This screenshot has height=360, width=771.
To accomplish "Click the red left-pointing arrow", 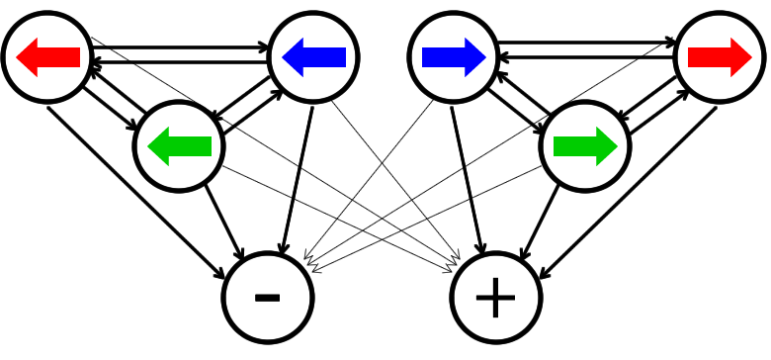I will [x=47, y=57].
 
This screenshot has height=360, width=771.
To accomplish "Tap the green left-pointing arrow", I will [x=179, y=146].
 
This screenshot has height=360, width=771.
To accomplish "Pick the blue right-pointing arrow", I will [x=454, y=57].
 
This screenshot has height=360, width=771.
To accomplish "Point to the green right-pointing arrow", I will [x=585, y=146].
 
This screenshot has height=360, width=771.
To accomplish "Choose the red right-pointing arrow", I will [x=720, y=57].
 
